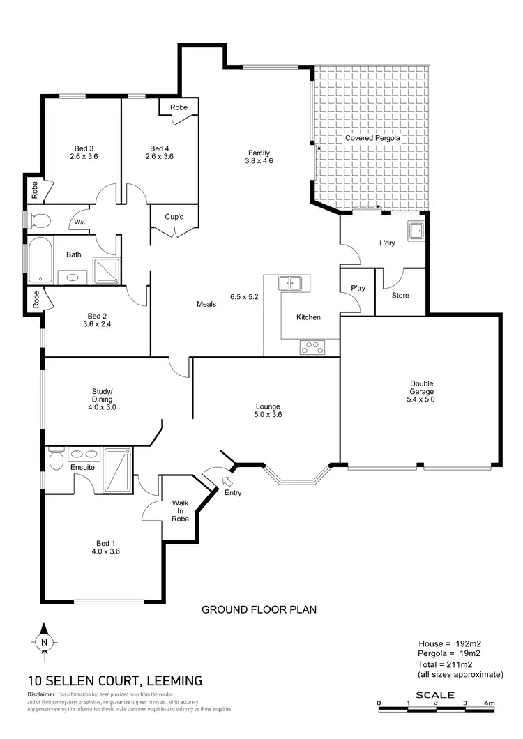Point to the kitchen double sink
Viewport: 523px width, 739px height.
pos(289,283)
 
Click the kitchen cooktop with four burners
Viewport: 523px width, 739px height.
pos(312,346)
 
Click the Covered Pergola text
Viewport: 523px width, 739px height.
pos(372,138)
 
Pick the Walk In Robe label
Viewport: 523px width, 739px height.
pos(181,510)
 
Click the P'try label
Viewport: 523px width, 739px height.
pos(358,287)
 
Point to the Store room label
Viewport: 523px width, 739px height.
pos(400,296)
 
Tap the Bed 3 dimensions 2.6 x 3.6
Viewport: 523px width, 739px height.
pos(84,157)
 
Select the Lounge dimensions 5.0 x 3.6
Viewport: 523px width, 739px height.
pos(268,415)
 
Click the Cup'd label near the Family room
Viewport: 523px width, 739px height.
pos(174,215)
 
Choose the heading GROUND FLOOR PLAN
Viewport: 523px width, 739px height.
pos(259,609)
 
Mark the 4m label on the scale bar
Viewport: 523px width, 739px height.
pos(488,703)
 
